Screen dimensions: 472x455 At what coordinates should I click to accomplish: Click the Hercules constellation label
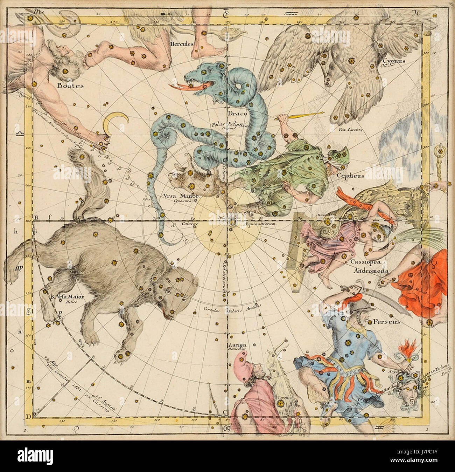tap(181, 44)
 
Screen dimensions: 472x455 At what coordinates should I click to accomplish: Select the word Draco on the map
tap(238, 113)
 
